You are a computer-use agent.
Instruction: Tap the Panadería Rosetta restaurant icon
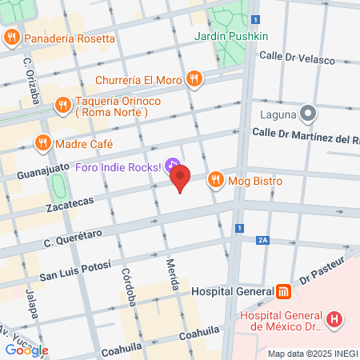pos(12,37)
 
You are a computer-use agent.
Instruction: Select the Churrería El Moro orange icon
pos(194,79)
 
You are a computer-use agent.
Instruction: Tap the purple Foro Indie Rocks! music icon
pos(172,166)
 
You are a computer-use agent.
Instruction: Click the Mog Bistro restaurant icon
pos(214,181)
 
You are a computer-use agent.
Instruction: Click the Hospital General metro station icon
pos(284,292)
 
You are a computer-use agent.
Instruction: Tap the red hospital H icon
pos(336,319)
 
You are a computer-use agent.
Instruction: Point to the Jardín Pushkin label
pos(231,37)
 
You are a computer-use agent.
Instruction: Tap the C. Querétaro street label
pos(74,235)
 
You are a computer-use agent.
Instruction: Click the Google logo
pos(26,350)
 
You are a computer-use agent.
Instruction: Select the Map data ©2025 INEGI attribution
pos(313,354)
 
